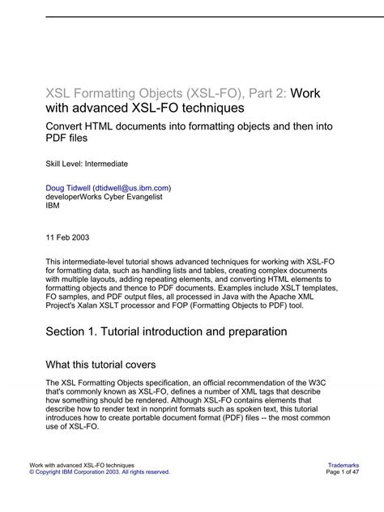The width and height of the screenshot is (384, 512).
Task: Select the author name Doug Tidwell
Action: (68, 187)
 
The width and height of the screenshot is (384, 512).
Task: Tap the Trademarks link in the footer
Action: (344, 464)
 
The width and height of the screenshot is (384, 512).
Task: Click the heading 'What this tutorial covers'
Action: (101, 365)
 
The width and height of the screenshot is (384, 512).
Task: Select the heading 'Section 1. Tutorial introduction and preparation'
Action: (166, 331)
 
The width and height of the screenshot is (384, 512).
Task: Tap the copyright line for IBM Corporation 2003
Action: (100, 471)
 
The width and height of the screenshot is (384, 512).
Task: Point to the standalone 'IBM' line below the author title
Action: (52, 205)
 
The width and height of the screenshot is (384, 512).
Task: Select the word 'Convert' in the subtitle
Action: (70, 126)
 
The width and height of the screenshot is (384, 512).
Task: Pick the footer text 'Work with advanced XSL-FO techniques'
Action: (82, 464)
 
